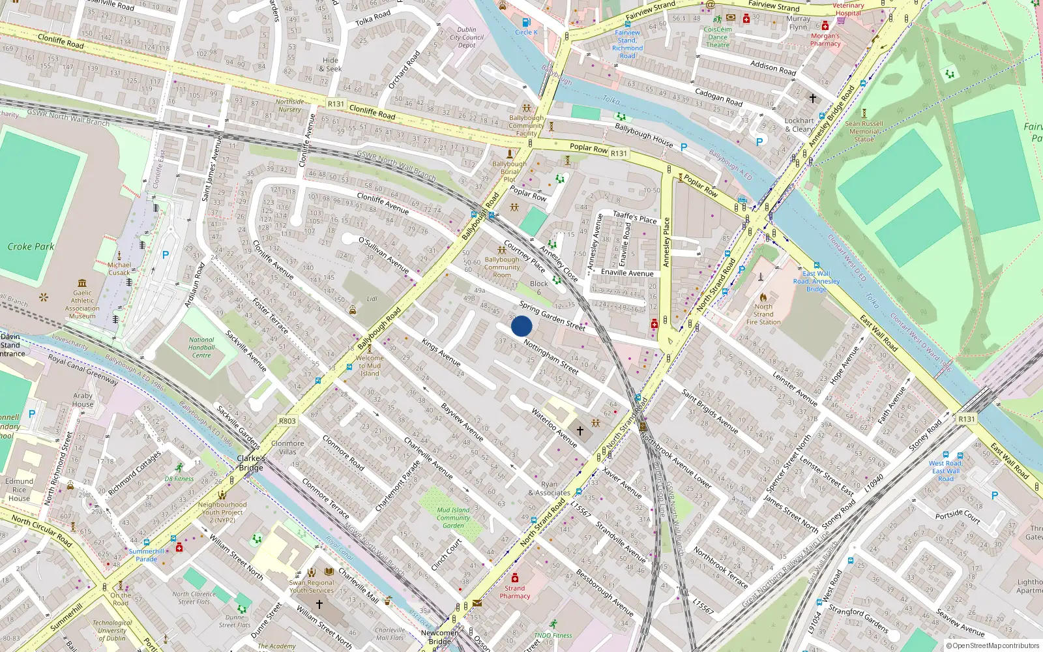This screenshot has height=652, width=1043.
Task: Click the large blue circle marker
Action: (521, 326)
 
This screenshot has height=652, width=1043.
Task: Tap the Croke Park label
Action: (31, 246)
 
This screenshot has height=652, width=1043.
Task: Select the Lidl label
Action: (372, 299)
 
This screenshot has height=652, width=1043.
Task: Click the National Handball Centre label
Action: (201, 348)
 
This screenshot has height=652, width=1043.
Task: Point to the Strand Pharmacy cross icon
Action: (515, 578)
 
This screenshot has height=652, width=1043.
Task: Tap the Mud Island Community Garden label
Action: (453, 518)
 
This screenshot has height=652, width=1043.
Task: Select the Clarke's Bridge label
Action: (251, 463)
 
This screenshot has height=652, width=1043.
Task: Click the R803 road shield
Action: (287, 421)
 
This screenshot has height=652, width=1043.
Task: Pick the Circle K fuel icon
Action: (527, 23)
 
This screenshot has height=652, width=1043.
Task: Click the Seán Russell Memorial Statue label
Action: (864, 131)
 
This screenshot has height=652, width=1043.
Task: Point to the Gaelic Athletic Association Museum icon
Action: (82, 283)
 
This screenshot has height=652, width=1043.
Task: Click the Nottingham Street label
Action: (551, 357)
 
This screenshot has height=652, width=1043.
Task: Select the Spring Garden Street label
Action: (551, 316)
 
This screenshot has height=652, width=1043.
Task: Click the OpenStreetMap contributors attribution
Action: (992, 645)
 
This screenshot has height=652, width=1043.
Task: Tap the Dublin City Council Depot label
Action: (467, 37)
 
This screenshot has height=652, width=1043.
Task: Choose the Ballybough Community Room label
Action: (502, 267)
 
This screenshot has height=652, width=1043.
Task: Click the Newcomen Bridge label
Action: (440, 637)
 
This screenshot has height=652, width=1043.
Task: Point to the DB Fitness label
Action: (179, 479)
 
